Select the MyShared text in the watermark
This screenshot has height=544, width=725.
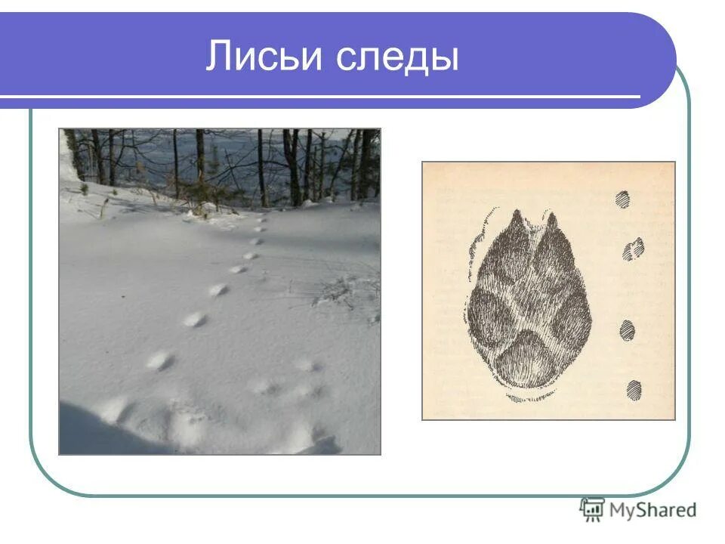[x=652, y=510]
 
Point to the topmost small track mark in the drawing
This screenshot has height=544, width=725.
[x=622, y=199]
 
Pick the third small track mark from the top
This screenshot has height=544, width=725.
[x=627, y=330]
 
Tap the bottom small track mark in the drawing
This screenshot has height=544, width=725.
[x=634, y=389]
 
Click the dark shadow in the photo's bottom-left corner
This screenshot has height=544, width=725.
[x=91, y=431]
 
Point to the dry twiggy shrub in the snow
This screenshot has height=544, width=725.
[x=344, y=291]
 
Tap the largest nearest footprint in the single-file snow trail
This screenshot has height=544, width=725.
[x=160, y=360]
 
